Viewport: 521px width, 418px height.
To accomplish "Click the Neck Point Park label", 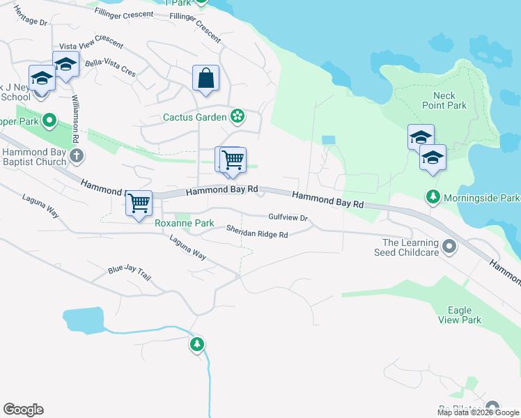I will point(439,100).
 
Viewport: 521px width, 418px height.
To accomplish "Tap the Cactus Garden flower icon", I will point(238,116).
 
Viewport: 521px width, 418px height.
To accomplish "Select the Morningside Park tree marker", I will point(433,198).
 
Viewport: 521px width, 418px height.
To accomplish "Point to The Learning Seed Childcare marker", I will point(449,247).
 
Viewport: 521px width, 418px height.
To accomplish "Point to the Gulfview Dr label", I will point(288,217).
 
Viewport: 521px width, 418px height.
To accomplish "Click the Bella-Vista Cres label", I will point(110,67).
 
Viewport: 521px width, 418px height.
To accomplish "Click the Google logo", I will point(23,410).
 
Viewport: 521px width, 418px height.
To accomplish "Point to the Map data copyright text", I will point(478,412).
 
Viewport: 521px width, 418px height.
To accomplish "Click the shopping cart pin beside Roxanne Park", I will point(139,203).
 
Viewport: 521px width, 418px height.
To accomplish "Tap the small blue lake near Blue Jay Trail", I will point(84,320).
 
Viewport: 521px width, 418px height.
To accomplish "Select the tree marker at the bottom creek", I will point(197,343).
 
